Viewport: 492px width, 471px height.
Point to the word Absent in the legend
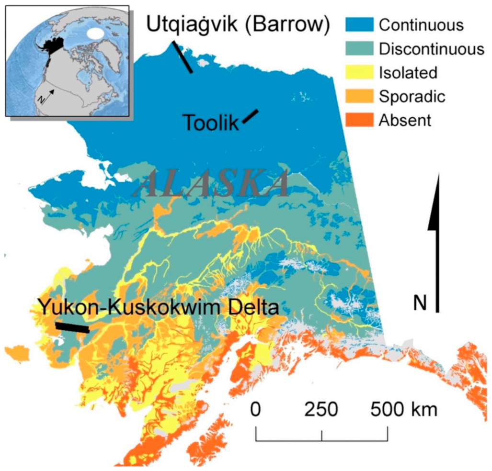pyautogui.click(x=405, y=120)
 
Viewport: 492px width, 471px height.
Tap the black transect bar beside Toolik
pyautogui.click(x=250, y=116)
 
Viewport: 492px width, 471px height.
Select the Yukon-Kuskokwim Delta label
pyautogui.click(x=159, y=307)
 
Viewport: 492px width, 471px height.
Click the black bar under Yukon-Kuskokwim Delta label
pyautogui.click(x=72, y=327)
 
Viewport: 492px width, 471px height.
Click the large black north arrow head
pyautogui.click(x=437, y=201)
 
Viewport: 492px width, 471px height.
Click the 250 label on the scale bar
pyautogui.click(x=320, y=410)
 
